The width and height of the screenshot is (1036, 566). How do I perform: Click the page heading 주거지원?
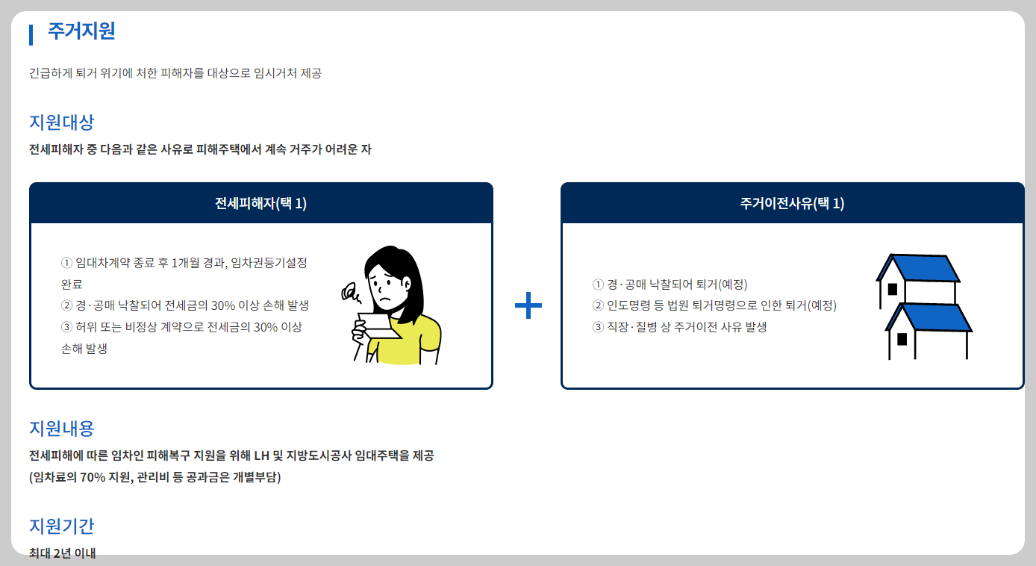(81, 31)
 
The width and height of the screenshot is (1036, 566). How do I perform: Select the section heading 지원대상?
(61, 122)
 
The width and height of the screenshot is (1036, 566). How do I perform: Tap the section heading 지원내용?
(61, 429)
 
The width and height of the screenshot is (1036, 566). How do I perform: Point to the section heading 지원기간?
(61, 526)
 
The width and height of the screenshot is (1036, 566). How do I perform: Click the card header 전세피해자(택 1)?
(260, 204)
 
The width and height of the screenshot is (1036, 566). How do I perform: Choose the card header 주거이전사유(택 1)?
(792, 204)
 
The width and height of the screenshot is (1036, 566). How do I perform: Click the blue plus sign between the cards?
(528, 305)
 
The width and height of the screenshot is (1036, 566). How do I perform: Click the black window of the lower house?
(902, 339)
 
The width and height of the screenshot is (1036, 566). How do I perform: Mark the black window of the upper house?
(892, 289)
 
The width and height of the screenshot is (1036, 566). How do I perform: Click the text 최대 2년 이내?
(63, 553)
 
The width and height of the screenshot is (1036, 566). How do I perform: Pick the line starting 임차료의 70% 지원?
(155, 477)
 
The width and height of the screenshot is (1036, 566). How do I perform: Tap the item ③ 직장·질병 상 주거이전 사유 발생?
(679, 327)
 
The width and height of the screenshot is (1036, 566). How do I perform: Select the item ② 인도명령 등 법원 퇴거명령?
(714, 305)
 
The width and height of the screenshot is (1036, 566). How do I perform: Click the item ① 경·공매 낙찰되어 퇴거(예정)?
(670, 284)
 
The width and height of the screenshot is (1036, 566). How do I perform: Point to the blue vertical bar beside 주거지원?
(31, 34)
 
